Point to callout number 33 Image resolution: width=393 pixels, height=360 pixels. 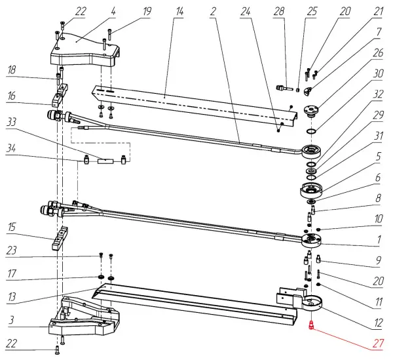coord(11,122)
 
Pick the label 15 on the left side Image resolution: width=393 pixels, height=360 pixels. coord(11,228)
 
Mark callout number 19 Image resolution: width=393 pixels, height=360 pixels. coord(147,11)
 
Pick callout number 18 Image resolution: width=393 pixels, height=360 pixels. coord(11,69)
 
